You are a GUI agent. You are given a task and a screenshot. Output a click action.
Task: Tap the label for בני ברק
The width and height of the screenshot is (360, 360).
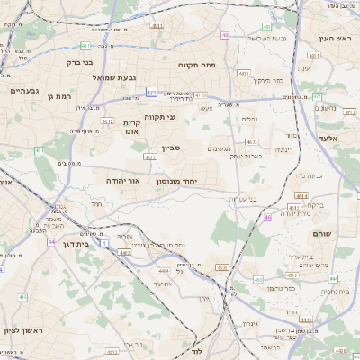[x=80, y=63]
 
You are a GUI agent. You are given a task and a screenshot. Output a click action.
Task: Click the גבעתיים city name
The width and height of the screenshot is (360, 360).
[x=23, y=91]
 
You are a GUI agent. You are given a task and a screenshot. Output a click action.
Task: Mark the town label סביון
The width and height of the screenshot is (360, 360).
[x=172, y=148]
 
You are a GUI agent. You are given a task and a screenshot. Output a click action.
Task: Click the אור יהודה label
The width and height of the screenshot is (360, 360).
[x=120, y=180]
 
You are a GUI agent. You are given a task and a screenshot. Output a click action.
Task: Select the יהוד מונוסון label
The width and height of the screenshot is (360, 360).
[x=188, y=181]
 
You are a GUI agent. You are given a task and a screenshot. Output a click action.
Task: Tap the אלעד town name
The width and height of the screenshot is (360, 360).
[x=328, y=138]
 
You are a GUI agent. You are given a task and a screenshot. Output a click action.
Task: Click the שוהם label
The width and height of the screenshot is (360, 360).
[x=319, y=233]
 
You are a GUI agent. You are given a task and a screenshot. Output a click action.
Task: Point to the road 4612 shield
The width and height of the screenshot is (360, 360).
[x=108, y=121]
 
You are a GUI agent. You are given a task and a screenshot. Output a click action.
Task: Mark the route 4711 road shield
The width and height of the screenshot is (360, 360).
[x=349, y=112]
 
